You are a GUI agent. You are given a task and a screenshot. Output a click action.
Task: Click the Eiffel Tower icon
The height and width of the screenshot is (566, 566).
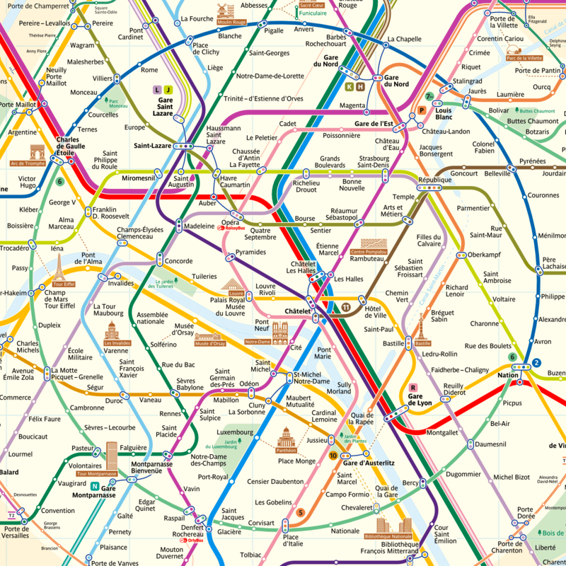(59, 269)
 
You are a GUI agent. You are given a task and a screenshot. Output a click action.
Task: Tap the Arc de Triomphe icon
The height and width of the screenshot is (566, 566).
(37, 152)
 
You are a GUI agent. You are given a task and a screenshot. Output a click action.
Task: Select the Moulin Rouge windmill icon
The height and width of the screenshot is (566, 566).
(226, 10)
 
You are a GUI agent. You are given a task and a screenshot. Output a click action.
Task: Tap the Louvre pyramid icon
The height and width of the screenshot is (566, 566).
(236, 284)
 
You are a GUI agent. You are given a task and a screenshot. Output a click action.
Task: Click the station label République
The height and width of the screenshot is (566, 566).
(434, 180)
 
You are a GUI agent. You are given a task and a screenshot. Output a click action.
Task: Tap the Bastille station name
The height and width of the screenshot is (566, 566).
(394, 343)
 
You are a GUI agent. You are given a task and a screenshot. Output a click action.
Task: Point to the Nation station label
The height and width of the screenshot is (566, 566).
(507, 375)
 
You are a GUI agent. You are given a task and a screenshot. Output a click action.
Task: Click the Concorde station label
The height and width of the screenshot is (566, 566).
(178, 261)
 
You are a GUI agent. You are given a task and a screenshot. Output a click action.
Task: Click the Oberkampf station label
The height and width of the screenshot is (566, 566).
(484, 255)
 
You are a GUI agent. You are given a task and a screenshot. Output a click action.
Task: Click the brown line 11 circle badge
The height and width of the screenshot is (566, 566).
(345, 306)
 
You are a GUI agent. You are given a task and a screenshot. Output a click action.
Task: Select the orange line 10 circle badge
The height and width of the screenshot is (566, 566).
(333, 455)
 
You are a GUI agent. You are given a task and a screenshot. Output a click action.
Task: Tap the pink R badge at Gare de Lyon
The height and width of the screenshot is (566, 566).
(412, 387)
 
